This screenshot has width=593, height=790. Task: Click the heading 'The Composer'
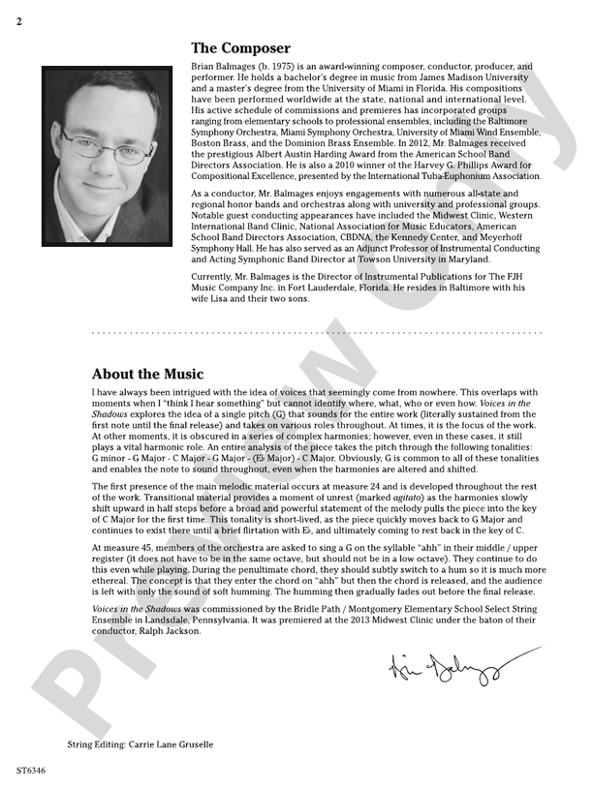(240, 47)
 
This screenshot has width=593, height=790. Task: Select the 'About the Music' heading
(147, 374)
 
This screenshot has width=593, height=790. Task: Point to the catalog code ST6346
(31, 772)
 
